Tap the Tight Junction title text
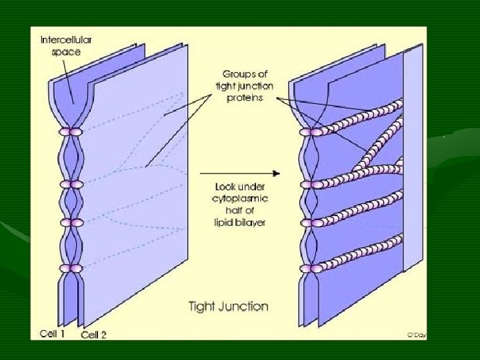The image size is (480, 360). click(x=228, y=307)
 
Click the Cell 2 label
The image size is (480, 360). click(x=93, y=335)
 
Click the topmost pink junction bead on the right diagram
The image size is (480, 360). click(x=310, y=132)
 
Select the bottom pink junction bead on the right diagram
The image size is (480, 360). click(x=310, y=268)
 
